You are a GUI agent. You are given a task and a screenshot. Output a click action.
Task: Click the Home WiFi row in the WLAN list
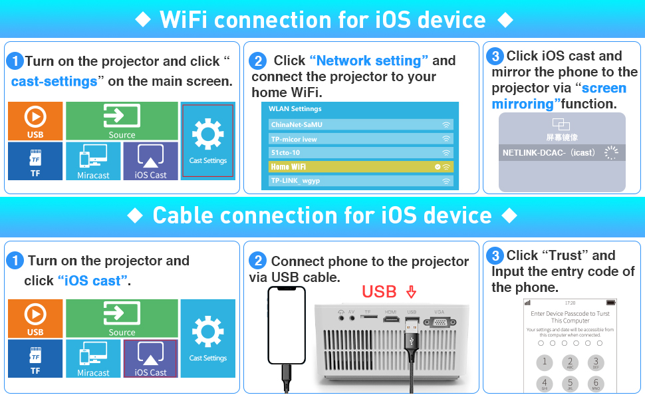[360, 166]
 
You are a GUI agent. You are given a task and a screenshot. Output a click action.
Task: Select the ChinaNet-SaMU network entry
[360, 124]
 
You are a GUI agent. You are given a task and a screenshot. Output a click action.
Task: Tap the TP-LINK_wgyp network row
[360, 181]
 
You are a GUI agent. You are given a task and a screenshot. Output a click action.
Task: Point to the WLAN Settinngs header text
[295, 108]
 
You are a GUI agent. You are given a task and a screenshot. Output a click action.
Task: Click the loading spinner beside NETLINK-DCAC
[610, 153]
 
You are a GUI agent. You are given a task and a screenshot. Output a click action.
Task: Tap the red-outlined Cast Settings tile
[208, 141]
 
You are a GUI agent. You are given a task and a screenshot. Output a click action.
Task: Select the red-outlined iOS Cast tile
[150, 358]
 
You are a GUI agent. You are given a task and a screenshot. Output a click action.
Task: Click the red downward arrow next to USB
[410, 292]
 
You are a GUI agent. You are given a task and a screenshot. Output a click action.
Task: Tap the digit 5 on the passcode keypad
[570, 384]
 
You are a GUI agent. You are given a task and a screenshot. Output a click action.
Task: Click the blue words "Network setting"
[369, 61]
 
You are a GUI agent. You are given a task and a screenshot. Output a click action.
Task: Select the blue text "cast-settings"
[54, 82]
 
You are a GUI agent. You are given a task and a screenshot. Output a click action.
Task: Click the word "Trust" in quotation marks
[563, 255]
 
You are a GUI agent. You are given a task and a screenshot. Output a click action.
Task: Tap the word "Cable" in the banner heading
[192, 215]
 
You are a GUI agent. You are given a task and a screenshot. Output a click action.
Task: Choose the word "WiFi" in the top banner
[183, 20]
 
